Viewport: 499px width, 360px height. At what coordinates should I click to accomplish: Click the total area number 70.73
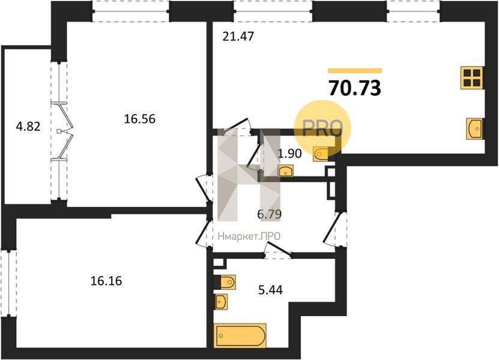click(x=354, y=88)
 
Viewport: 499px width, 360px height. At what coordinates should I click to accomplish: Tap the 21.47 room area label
click(x=238, y=37)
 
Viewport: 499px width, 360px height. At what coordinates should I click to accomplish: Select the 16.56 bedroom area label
click(x=139, y=119)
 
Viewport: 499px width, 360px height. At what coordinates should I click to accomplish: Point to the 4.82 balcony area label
click(x=28, y=127)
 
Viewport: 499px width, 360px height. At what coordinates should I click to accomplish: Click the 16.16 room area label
click(x=106, y=281)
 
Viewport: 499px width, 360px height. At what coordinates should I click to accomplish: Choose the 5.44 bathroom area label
click(x=270, y=290)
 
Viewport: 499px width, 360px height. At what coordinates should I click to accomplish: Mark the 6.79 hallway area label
click(x=269, y=214)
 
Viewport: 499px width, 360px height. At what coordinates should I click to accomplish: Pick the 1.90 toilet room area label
click(x=289, y=154)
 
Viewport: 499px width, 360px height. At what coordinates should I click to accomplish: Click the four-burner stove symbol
click(x=472, y=78)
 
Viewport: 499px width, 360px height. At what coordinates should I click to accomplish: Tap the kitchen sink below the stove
click(x=474, y=128)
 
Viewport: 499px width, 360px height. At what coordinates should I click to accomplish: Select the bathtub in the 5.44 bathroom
click(x=240, y=335)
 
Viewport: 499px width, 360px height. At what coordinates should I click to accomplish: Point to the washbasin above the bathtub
click(x=222, y=301)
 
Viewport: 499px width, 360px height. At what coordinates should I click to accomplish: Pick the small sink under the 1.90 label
click(x=285, y=171)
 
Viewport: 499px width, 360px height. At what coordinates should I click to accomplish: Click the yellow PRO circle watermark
click(x=322, y=128)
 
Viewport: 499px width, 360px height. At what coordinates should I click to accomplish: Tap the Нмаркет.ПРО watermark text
click(x=249, y=236)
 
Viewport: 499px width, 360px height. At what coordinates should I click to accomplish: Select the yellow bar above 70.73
click(x=355, y=71)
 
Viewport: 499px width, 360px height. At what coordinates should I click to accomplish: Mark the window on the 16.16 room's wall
click(x=8, y=283)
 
